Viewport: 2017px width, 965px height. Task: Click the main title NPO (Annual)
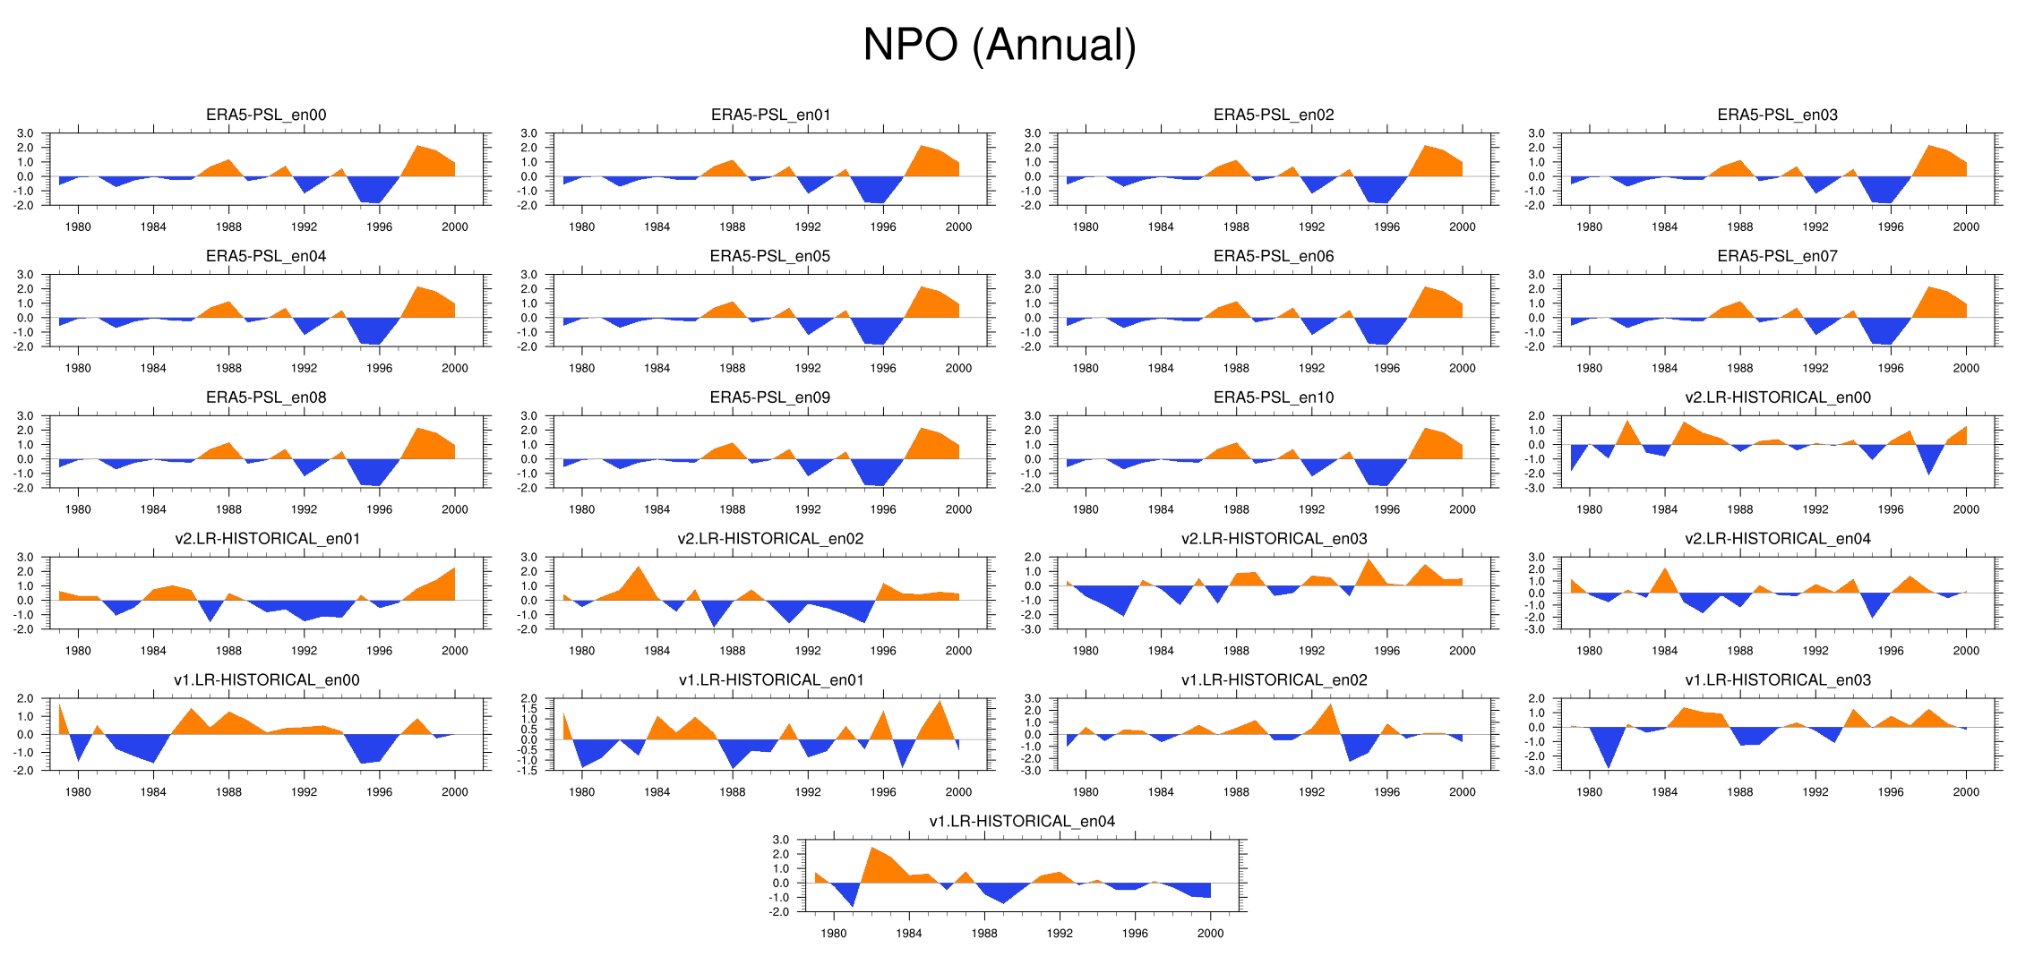click(999, 45)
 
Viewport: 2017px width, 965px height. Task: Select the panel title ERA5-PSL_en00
click(266, 115)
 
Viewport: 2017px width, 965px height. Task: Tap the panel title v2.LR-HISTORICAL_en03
click(1274, 539)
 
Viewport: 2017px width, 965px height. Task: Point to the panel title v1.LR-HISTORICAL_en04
click(1022, 822)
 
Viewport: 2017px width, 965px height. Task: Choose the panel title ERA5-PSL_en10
click(1274, 397)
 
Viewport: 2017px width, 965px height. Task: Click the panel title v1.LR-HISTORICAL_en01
click(771, 680)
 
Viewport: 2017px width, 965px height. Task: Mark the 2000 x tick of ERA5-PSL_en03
click(1966, 227)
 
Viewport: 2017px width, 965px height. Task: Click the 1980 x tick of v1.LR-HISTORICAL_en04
click(833, 934)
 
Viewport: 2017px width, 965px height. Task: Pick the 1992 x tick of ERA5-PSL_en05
click(808, 369)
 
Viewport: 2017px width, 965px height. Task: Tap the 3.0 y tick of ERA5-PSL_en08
click(25, 416)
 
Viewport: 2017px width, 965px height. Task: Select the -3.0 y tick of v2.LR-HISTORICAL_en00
click(1536, 489)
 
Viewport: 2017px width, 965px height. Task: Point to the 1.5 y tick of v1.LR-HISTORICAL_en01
click(528, 709)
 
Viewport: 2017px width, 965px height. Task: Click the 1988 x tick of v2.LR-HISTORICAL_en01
click(228, 652)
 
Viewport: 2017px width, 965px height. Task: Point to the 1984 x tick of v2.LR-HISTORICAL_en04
click(1664, 652)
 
